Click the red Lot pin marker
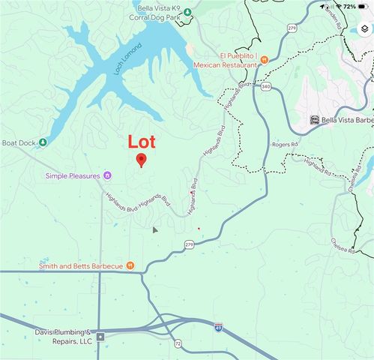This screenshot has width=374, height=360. click(141, 160)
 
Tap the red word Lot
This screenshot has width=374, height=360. click(142, 141)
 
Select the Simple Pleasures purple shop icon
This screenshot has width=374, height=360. click(108, 175)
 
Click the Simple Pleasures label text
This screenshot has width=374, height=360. click(73, 175)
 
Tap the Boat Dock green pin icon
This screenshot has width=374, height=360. click(43, 142)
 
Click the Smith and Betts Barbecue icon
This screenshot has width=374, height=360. click(130, 265)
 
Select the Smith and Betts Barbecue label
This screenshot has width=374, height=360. click(80, 265)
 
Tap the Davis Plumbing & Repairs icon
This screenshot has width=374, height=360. click(100, 336)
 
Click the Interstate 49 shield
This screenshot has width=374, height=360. click(217, 327)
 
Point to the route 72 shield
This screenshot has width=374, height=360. click(178, 343)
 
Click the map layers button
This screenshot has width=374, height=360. click(364, 29)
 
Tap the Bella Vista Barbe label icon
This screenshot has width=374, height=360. click(314, 119)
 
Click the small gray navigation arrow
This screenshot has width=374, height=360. click(155, 229)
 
